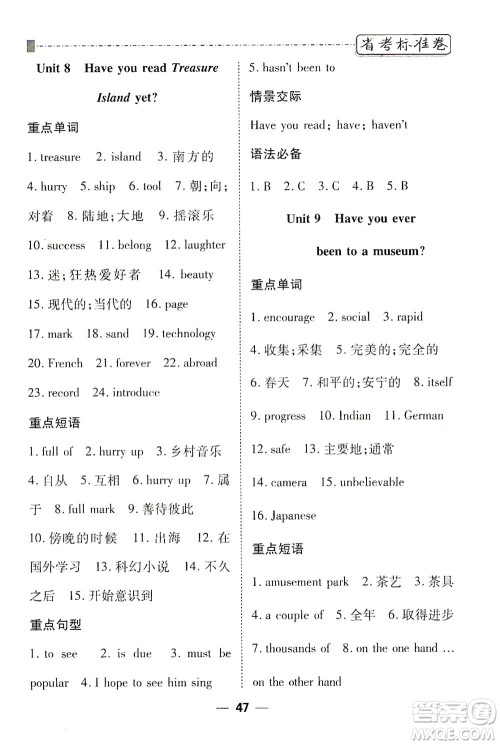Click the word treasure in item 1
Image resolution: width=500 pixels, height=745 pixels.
pos(60,157)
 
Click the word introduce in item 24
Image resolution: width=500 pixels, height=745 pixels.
pos(136,392)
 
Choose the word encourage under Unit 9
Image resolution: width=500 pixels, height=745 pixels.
pos(290,318)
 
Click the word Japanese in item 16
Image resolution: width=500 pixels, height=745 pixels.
pos(293,515)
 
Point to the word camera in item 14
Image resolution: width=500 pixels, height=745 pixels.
pos(289,481)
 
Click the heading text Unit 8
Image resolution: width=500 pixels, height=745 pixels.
pos(52,68)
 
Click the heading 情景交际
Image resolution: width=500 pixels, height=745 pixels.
pos(276,97)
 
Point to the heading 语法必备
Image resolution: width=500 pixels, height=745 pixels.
pos(276,155)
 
